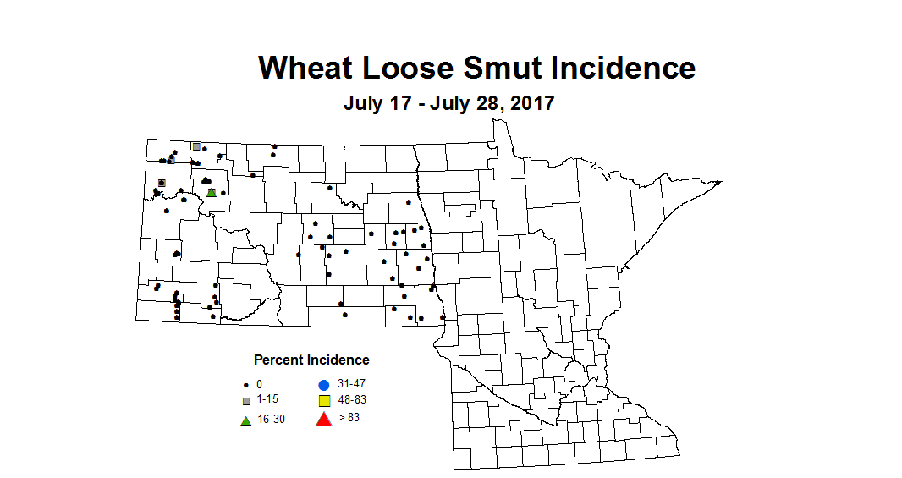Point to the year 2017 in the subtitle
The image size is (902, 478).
click(x=530, y=103)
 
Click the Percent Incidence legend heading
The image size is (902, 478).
click(x=311, y=360)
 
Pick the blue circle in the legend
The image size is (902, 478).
click(x=323, y=385)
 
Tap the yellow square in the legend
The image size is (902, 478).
click(x=323, y=400)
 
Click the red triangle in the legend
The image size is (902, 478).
click(x=323, y=418)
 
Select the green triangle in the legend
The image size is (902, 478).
click(x=245, y=419)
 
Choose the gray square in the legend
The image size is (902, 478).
click(x=245, y=400)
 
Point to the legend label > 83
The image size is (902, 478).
click(x=349, y=416)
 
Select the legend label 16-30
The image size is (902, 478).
click(x=271, y=419)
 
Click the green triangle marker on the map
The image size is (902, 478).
click(x=211, y=192)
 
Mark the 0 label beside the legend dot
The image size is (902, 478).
click(x=259, y=384)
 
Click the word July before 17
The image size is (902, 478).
click(x=361, y=103)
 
